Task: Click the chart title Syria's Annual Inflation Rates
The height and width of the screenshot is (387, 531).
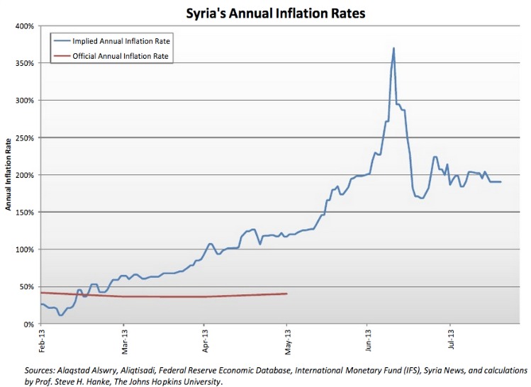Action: click(x=276, y=13)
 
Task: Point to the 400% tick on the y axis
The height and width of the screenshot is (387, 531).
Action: click(x=25, y=26)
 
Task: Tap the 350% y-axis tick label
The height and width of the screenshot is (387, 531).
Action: click(x=25, y=63)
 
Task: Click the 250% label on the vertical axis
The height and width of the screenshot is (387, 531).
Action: click(x=25, y=138)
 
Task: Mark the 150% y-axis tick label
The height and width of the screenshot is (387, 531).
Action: click(x=25, y=213)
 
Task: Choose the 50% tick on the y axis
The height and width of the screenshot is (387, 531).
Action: click(x=27, y=287)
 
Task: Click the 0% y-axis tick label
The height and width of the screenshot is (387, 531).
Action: click(x=29, y=325)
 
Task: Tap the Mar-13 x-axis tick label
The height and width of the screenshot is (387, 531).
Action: click(x=125, y=342)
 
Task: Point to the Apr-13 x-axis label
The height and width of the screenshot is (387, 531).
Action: click(x=205, y=341)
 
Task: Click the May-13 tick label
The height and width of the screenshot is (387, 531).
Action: click(x=288, y=342)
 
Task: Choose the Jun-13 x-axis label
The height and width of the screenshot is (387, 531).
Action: click(x=369, y=340)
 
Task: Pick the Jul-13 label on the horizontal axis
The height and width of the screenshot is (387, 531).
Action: click(x=451, y=340)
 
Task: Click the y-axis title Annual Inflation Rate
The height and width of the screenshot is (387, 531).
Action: click(x=8, y=174)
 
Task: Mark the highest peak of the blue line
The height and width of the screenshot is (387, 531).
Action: click(x=393, y=47)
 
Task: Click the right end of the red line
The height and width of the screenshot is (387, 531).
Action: click(x=287, y=293)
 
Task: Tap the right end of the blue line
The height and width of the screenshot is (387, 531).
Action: click(x=501, y=182)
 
